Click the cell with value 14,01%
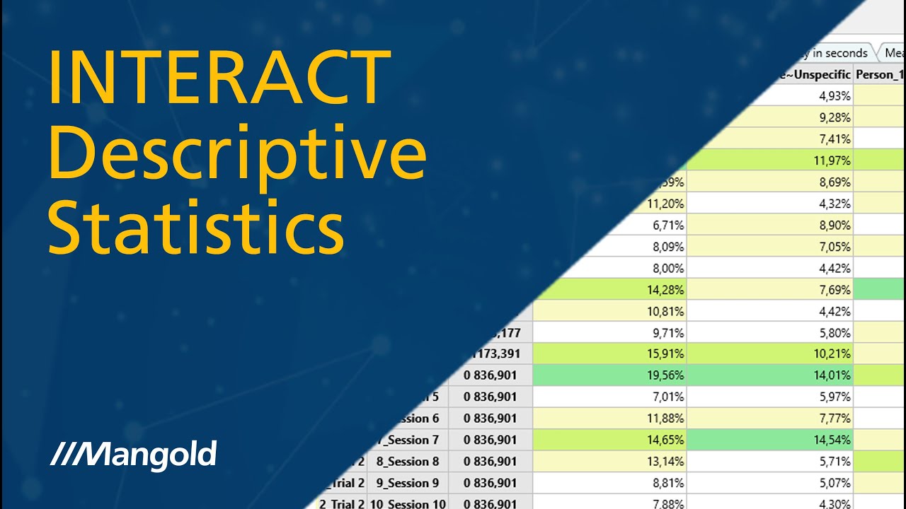[x=769, y=375]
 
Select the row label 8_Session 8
[x=409, y=462]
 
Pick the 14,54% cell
[x=769, y=440]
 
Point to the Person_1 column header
[x=880, y=74]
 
